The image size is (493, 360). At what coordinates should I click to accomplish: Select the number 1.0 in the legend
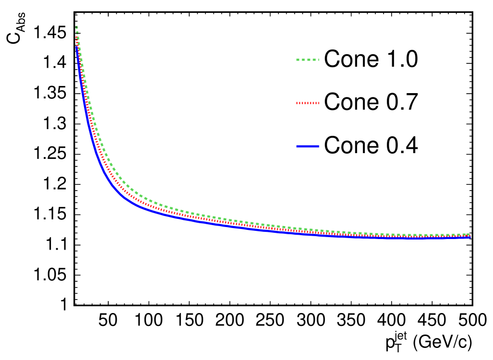point(401,60)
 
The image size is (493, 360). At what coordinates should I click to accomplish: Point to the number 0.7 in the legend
point(401,102)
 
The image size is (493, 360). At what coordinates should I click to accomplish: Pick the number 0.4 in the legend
point(401,145)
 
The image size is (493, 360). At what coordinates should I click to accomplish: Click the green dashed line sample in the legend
point(307,60)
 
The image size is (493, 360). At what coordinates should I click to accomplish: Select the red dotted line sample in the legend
point(307,102)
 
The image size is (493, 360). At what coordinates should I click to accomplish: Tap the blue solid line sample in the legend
point(307,145)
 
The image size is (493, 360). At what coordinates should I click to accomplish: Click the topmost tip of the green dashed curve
point(76,26)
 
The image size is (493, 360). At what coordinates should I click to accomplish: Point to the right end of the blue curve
point(470,238)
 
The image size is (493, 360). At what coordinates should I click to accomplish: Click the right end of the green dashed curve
point(469,234)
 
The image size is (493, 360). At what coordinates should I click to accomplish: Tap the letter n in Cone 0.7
point(360,103)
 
